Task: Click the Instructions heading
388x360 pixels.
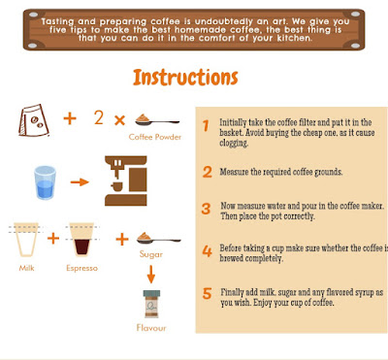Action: pos(185,78)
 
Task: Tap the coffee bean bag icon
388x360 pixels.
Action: pos(33,120)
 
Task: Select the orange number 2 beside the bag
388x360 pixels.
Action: pos(99,117)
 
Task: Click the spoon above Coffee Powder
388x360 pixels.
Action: pos(157,120)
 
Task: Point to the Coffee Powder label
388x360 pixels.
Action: pos(155,137)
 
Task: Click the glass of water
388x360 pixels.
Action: pos(45,182)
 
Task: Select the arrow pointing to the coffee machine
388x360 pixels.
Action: pos(80,182)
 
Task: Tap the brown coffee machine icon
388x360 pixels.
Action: pos(126,180)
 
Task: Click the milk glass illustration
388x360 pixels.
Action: pos(26,240)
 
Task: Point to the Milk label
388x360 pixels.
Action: pos(26,268)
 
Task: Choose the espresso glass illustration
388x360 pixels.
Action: pos(81,240)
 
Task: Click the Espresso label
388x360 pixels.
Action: pos(81,268)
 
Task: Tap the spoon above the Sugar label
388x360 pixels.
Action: pos(158,239)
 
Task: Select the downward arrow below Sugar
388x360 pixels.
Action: pos(151,275)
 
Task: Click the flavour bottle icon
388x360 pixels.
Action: pos(151,305)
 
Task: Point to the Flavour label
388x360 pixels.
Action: pos(151,328)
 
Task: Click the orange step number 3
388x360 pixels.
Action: pos(206,209)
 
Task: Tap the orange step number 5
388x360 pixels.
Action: pos(207,294)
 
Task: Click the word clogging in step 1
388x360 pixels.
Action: pos(234,143)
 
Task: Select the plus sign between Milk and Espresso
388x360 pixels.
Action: pos(53,239)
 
